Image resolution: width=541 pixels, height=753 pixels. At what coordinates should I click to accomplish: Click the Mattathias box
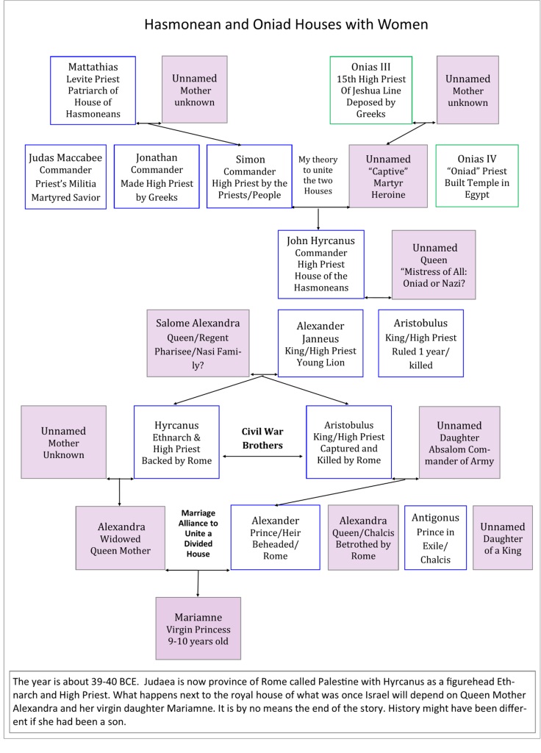point(93,90)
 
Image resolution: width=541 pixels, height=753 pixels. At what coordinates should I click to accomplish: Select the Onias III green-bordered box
point(370,90)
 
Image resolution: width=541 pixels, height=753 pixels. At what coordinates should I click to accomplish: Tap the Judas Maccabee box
point(65,176)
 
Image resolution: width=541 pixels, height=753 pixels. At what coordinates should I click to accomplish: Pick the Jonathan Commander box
point(157,176)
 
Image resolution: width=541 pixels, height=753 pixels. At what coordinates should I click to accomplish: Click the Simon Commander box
point(249,176)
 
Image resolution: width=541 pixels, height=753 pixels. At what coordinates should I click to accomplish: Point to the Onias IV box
point(476,176)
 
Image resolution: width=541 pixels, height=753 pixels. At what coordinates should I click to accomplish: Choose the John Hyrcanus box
point(320,264)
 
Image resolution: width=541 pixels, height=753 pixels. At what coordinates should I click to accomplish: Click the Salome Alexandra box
point(198,343)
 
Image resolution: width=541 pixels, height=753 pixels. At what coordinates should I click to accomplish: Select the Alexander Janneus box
point(320,343)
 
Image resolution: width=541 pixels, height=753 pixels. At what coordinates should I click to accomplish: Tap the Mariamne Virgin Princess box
point(198,628)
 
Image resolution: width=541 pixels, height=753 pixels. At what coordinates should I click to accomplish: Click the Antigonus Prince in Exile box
point(435,538)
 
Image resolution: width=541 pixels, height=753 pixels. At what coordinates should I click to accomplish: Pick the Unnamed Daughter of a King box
point(503,538)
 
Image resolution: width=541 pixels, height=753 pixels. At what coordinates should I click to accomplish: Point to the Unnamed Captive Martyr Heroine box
point(388,176)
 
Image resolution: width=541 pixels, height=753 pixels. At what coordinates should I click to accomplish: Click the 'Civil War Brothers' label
point(262,438)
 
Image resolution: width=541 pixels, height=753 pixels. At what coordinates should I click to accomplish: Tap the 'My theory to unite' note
point(318,175)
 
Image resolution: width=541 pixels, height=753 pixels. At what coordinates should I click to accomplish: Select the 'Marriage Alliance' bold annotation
point(198,534)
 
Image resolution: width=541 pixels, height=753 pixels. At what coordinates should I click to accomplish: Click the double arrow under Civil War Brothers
point(262,456)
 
